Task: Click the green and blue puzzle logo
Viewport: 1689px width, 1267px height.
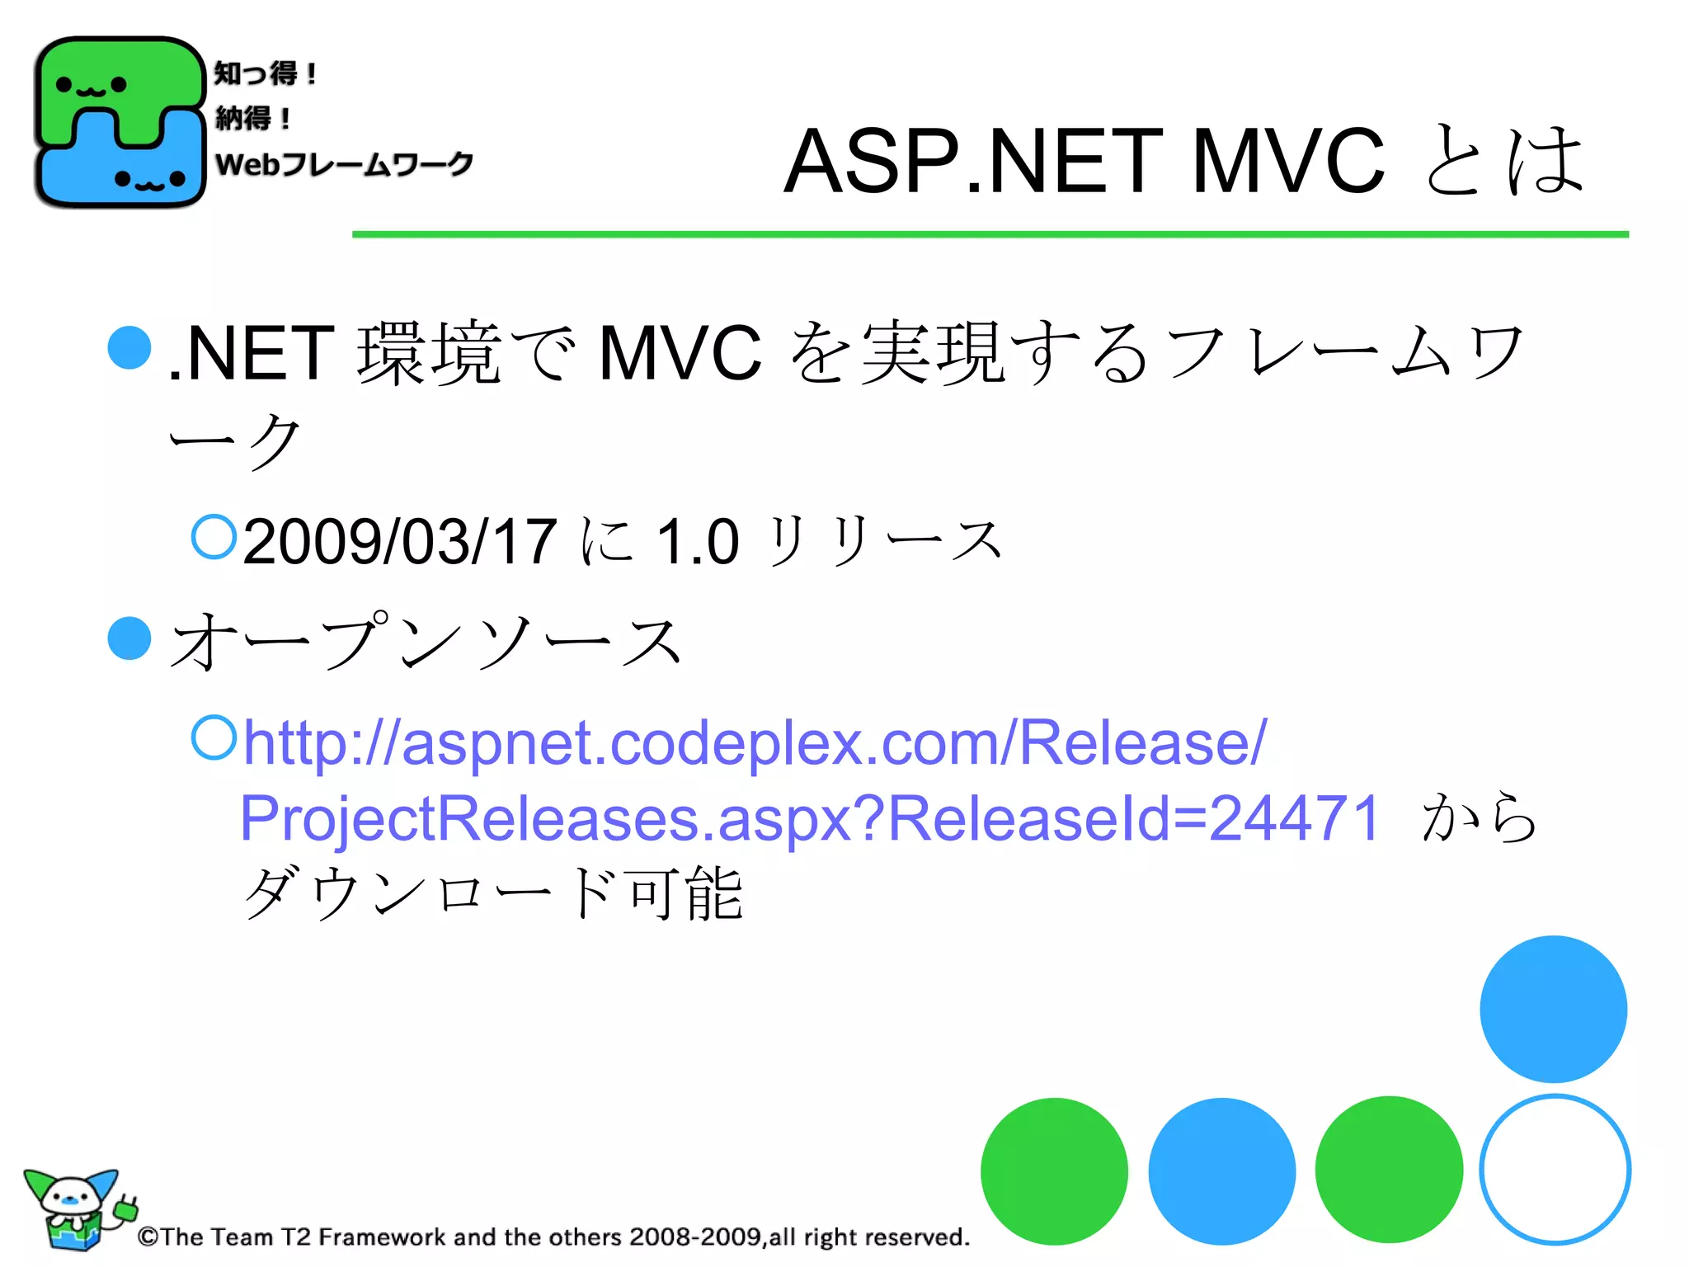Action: click(120, 122)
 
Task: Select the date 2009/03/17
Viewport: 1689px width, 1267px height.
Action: click(400, 542)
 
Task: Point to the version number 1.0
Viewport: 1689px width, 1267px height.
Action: click(698, 542)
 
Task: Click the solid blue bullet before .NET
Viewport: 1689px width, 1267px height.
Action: click(129, 347)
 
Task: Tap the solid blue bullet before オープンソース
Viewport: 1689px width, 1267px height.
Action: click(129, 638)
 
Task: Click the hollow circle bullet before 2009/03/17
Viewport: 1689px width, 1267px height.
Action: click(214, 537)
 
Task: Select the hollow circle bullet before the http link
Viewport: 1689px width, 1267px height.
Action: click(214, 737)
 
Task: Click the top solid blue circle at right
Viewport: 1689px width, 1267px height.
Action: click(1553, 1009)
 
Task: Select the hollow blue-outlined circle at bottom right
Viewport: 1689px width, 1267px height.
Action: click(1555, 1170)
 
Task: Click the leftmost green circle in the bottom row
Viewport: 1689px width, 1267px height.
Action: click(1054, 1171)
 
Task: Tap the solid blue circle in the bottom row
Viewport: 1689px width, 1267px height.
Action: click(1221, 1171)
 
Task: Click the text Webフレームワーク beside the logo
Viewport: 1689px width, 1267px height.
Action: click(344, 164)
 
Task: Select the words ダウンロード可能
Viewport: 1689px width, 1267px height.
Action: click(493, 893)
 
